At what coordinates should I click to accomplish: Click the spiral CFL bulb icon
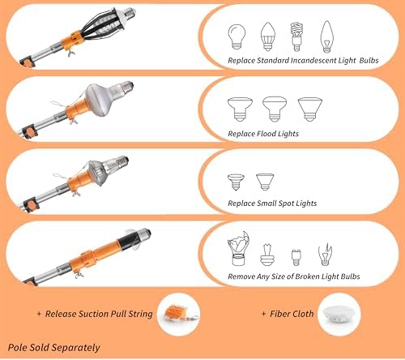296,36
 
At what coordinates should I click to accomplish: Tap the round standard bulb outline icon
237,36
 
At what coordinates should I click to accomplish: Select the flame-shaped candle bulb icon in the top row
327,36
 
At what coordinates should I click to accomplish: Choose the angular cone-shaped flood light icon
310,109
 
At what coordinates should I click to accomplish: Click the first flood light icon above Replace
240,109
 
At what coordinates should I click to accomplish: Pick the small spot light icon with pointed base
265,182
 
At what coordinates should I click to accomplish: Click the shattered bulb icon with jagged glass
238,248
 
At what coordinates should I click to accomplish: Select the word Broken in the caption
307,276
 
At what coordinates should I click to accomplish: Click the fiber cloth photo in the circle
339,315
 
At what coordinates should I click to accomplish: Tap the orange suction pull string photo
179,314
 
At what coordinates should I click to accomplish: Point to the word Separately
76,348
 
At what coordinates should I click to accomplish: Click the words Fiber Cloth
292,314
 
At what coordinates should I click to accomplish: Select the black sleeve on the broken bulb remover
129,241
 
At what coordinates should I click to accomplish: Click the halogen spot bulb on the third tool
107,169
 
